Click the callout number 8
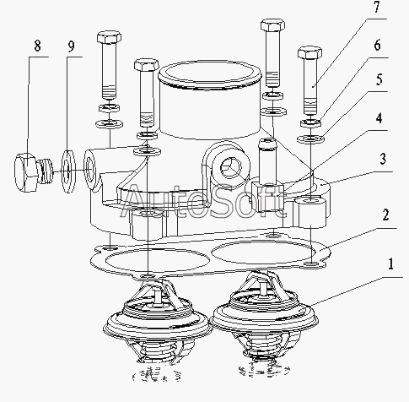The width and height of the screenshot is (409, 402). click(37, 46)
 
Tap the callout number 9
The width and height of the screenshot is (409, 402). click(71, 46)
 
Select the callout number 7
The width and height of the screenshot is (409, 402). click(377, 7)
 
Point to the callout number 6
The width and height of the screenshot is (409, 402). click(377, 45)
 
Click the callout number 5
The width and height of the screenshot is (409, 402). click(379, 79)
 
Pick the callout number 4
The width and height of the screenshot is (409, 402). click(379, 118)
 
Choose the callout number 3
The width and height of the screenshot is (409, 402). click(383, 159)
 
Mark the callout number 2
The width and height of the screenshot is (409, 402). click(386, 215)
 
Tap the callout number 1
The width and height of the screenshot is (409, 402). click(390, 264)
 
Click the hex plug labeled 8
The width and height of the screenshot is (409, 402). click(33, 172)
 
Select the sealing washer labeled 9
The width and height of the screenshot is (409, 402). click(68, 171)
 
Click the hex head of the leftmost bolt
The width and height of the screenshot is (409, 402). click(109, 37)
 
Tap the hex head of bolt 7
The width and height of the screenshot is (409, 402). click(309, 52)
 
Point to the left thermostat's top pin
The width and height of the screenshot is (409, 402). click(158, 296)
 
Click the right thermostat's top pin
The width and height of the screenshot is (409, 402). click(263, 289)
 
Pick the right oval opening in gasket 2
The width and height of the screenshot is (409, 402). click(264, 253)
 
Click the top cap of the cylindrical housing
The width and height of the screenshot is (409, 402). click(210, 74)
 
